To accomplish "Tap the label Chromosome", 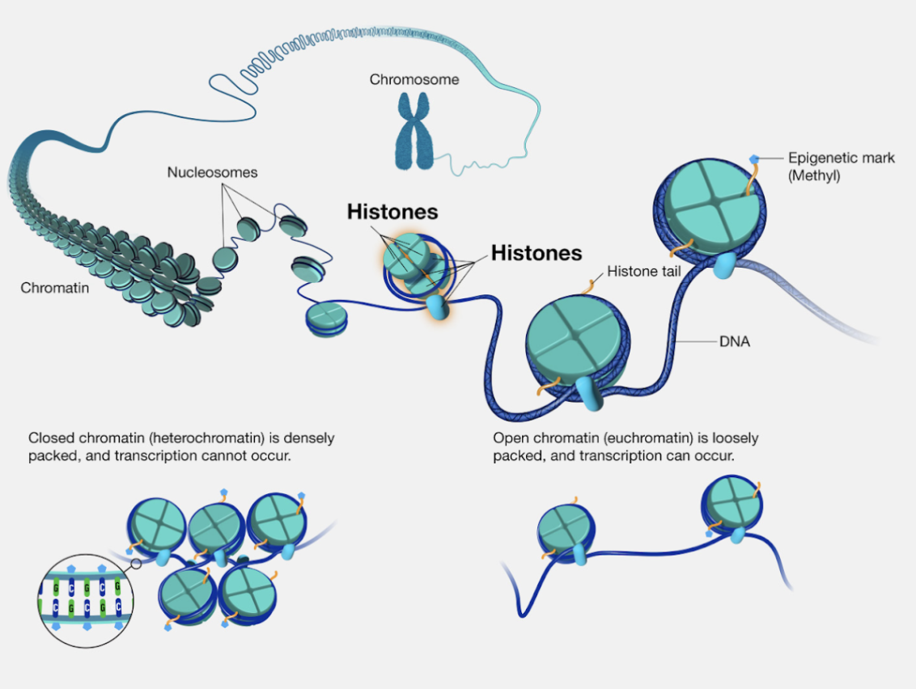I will point(414,79).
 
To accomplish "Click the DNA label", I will point(734,342).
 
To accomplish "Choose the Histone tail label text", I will point(645,271).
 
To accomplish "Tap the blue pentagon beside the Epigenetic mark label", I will point(755,159).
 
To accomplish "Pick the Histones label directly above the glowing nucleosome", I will point(392,212).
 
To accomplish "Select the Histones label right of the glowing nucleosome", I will point(536,253).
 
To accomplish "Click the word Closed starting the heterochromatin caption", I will point(50,438).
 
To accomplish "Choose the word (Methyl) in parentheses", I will point(813,175).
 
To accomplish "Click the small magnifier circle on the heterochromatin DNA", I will point(136,563).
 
